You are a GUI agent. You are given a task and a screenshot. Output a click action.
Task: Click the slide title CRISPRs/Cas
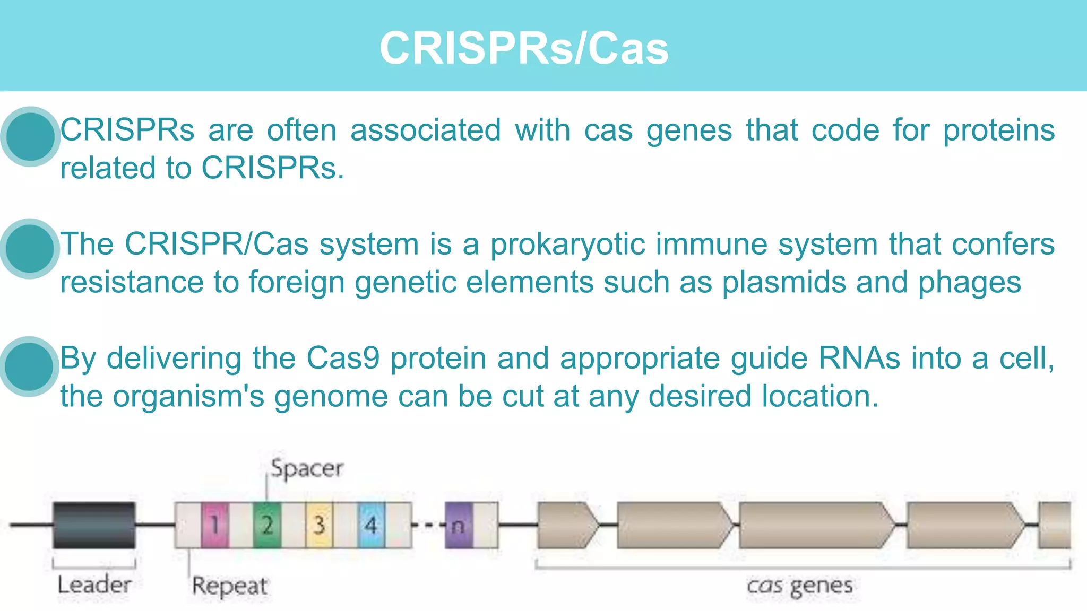(524, 48)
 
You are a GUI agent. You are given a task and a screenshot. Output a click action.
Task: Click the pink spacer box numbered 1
(215, 525)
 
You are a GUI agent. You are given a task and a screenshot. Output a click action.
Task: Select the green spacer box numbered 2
(267, 525)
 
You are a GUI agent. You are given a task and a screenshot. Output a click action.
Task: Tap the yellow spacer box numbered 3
(319, 525)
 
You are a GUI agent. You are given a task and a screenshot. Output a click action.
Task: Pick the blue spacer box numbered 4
(371, 525)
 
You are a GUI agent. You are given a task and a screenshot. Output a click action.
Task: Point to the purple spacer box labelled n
(458, 525)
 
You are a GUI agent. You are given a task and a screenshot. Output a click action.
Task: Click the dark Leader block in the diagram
(94, 525)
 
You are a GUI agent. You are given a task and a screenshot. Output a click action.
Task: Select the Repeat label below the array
(229, 586)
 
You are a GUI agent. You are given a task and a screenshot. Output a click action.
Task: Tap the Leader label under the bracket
(94, 585)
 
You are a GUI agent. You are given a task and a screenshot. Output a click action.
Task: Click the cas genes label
(799, 586)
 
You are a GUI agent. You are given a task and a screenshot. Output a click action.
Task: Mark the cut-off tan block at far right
(1054, 525)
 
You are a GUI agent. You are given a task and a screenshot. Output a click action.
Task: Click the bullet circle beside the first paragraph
(30, 136)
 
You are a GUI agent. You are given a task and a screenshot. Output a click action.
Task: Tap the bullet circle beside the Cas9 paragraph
(29, 366)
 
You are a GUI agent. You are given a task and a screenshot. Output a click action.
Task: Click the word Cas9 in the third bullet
(343, 358)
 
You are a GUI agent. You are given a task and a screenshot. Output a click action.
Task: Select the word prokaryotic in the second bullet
(567, 245)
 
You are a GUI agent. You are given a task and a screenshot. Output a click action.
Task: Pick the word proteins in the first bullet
(998, 130)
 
